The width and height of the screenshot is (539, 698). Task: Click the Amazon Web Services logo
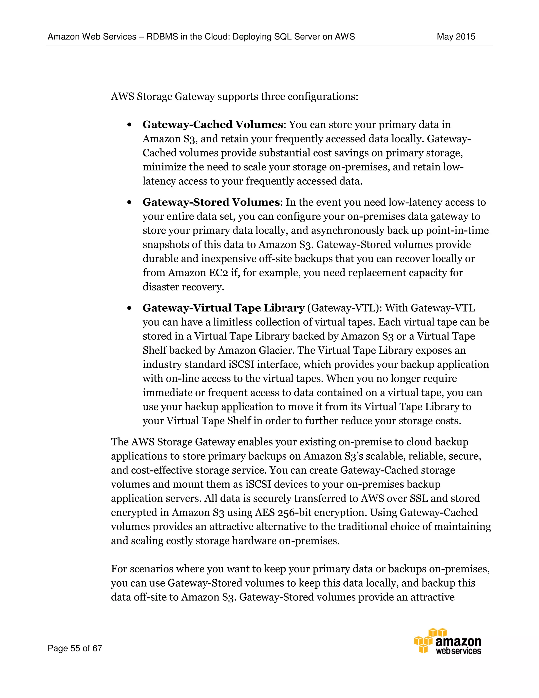[448, 641]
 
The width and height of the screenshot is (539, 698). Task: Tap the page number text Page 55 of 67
[75, 648]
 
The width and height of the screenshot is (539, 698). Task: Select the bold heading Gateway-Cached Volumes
[213, 125]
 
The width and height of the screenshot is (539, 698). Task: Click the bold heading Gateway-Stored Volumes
[211, 202]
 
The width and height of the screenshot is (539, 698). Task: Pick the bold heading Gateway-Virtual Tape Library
[223, 308]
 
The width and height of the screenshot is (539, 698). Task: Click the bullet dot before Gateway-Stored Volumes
[129, 203]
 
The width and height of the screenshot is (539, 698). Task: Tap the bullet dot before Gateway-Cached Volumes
[129, 125]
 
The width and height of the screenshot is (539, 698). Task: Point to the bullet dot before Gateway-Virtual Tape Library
[129, 308]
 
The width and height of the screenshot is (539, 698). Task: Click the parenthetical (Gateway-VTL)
[345, 308]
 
